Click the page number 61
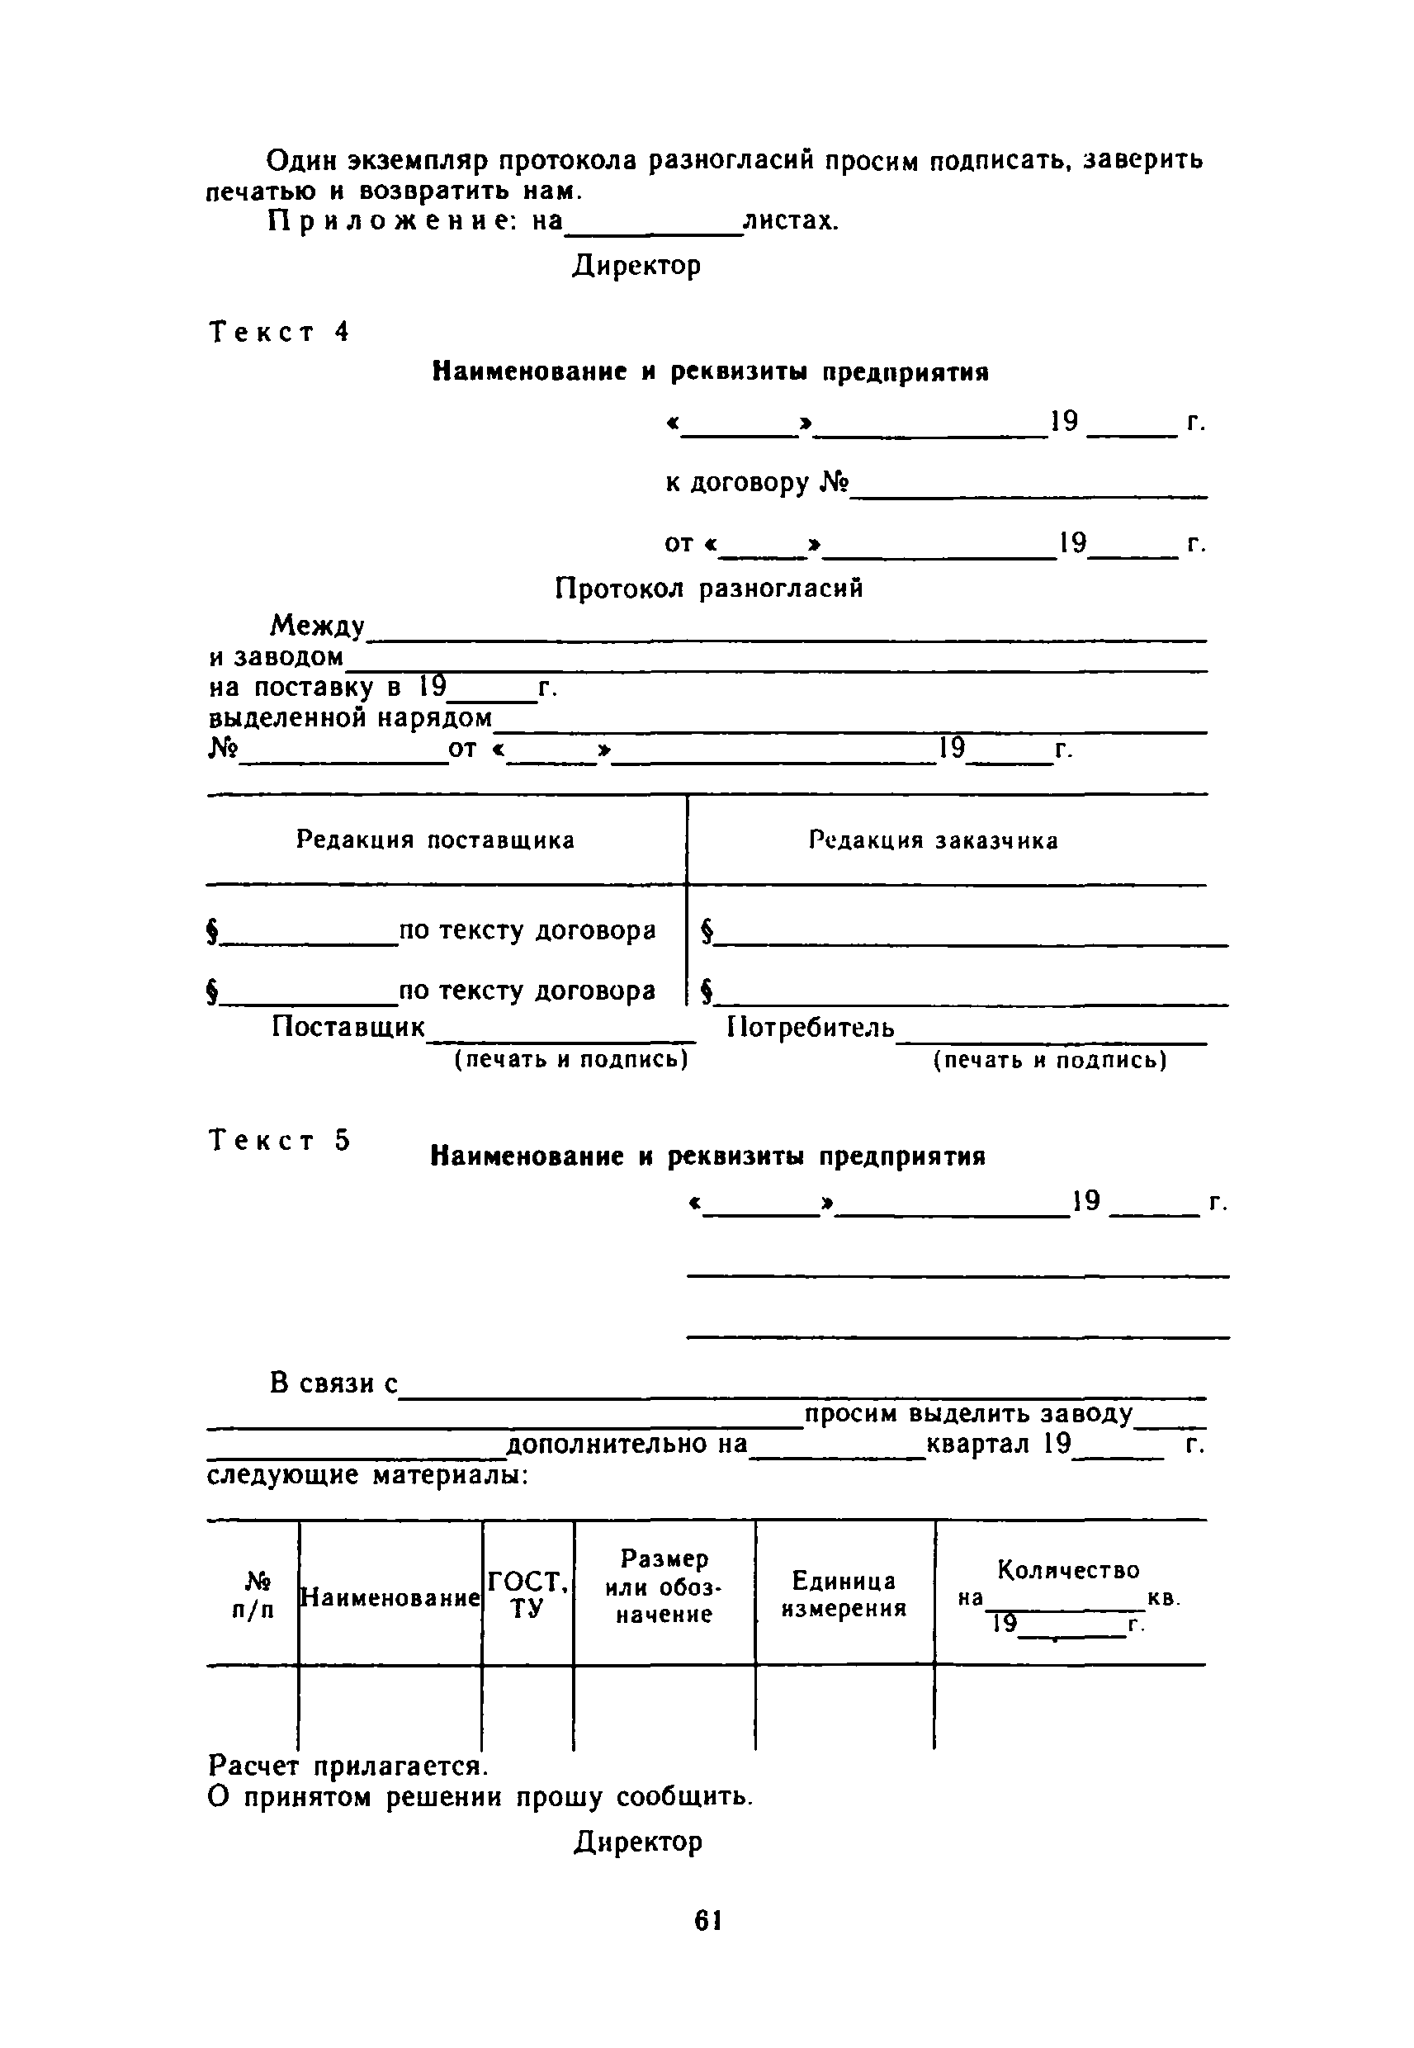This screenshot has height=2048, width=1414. [x=708, y=1919]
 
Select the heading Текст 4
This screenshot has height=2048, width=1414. [x=280, y=332]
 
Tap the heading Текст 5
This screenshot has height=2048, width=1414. [x=280, y=1140]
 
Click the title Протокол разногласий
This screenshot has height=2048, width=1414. [x=709, y=589]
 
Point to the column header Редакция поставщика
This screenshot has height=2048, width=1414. [x=435, y=840]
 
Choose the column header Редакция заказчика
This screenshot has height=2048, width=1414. [x=933, y=840]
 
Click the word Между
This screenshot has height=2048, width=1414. [x=317, y=627]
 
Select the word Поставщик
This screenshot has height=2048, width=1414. [x=348, y=1027]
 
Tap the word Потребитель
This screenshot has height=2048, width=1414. [x=811, y=1028]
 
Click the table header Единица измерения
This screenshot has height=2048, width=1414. [x=844, y=1595]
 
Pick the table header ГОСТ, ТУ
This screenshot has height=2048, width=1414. [x=528, y=1595]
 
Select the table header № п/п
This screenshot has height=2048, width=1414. [x=253, y=1596]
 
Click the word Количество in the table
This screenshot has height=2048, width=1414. [x=1068, y=1571]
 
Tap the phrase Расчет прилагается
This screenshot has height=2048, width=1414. [x=348, y=1767]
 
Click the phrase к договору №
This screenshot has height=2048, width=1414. [x=758, y=484]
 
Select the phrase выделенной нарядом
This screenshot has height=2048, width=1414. [x=351, y=717]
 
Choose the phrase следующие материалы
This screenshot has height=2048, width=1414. [x=367, y=1475]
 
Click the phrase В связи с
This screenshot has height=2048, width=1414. [x=334, y=1383]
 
